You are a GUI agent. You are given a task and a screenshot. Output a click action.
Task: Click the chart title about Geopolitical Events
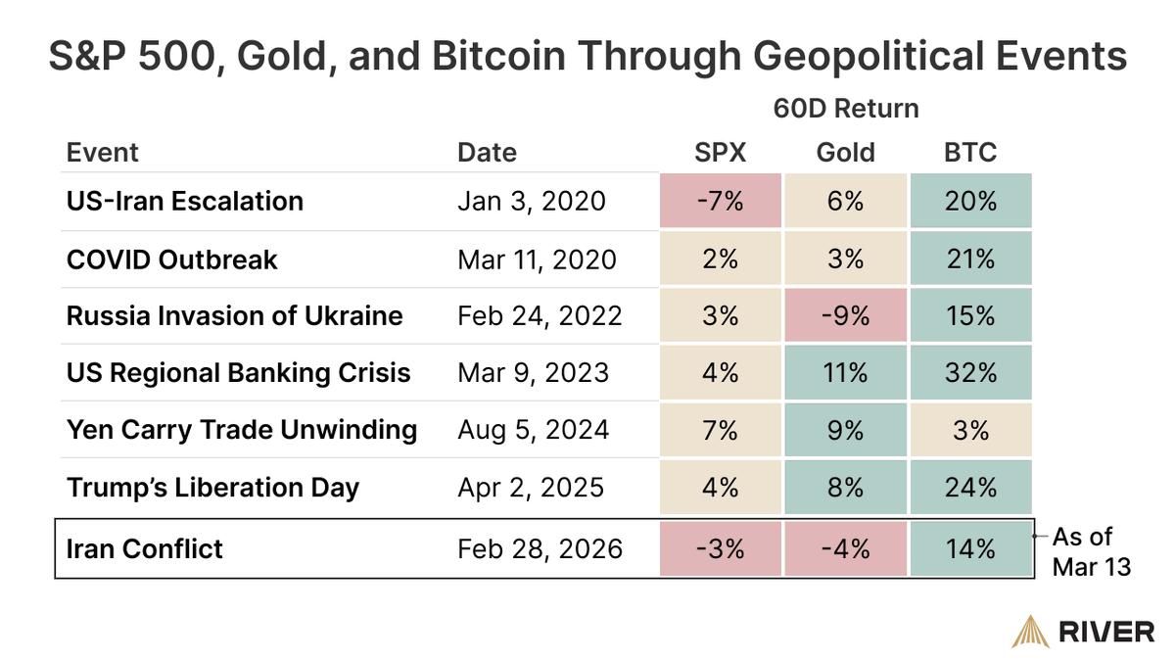tap(587, 56)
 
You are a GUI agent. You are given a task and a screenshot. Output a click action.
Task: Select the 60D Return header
tap(846, 108)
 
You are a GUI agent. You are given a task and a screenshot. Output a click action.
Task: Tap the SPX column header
tap(720, 153)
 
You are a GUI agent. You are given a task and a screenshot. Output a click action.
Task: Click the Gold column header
tap(845, 153)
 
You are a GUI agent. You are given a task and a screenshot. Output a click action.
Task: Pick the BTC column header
tap(970, 153)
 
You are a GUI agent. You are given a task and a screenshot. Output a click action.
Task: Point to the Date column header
tap(487, 153)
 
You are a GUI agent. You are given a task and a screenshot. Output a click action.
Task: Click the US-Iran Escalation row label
tap(185, 202)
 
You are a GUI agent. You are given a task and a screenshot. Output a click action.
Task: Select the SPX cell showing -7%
tap(721, 202)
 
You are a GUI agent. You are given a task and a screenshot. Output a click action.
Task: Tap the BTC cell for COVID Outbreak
tap(970, 260)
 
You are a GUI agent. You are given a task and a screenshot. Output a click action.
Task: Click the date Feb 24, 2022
tap(540, 316)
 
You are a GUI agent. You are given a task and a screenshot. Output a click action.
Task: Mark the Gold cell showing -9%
tap(845, 316)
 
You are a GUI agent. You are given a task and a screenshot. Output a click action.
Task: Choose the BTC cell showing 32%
tap(970, 373)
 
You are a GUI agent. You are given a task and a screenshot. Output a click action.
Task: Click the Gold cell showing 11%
tap(845, 373)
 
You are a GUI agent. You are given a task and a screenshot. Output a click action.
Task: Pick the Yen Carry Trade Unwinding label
tap(242, 430)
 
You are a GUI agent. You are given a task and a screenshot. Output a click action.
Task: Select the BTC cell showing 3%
tap(970, 430)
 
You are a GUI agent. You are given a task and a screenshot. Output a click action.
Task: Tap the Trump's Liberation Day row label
tap(212, 487)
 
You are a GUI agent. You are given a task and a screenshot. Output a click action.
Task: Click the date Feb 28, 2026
tap(540, 548)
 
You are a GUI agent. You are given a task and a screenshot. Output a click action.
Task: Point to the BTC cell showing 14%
tap(970, 548)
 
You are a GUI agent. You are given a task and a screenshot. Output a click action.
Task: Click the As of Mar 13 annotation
tap(1091, 551)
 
